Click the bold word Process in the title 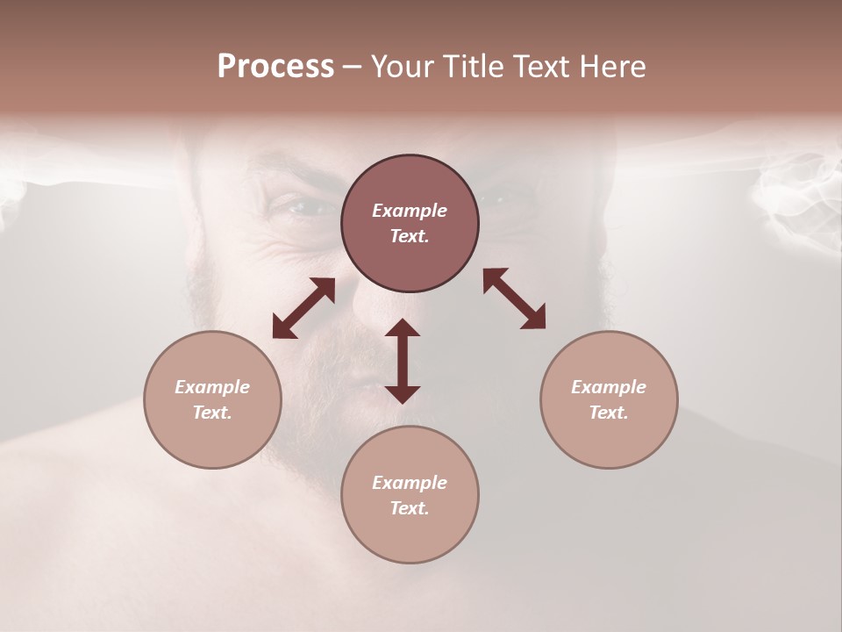(275, 67)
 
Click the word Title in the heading (471, 67)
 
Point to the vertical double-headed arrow (403, 361)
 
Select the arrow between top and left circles (303, 308)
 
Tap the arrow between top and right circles (514, 298)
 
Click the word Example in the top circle (410, 211)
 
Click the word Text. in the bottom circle (410, 508)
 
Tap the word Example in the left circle (212, 387)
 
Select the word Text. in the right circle (609, 413)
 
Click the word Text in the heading (540, 67)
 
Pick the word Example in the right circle (609, 387)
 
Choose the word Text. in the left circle (212, 413)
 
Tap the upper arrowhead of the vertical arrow (403, 328)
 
